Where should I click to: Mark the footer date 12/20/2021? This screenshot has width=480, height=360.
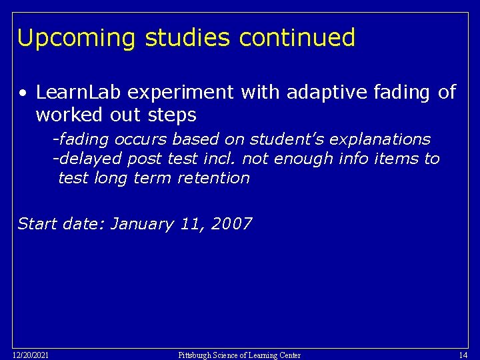point(30,355)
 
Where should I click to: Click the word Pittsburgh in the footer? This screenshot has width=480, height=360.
point(196,355)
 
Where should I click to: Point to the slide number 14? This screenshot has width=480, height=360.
point(463,355)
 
